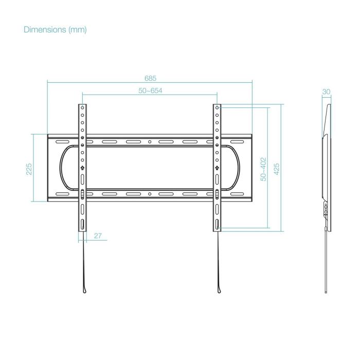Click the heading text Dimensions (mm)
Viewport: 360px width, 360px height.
(x=55, y=30)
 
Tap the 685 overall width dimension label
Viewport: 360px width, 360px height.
(x=150, y=78)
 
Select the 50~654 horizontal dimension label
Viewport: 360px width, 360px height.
(x=150, y=91)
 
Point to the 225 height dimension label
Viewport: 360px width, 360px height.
(x=29, y=169)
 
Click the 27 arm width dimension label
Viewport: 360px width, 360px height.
(x=98, y=236)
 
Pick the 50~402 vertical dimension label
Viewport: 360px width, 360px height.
(x=263, y=169)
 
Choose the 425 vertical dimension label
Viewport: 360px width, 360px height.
(x=276, y=169)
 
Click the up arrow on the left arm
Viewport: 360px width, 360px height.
(x=82, y=168)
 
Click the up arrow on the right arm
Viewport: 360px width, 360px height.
(x=217, y=168)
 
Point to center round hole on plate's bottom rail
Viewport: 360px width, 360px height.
(x=150, y=194)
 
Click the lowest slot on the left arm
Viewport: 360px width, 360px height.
(x=82, y=225)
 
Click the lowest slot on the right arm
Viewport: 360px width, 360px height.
(x=217, y=225)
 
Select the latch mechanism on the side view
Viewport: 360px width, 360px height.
(x=325, y=208)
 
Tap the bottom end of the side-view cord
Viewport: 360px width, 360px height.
(x=326, y=292)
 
